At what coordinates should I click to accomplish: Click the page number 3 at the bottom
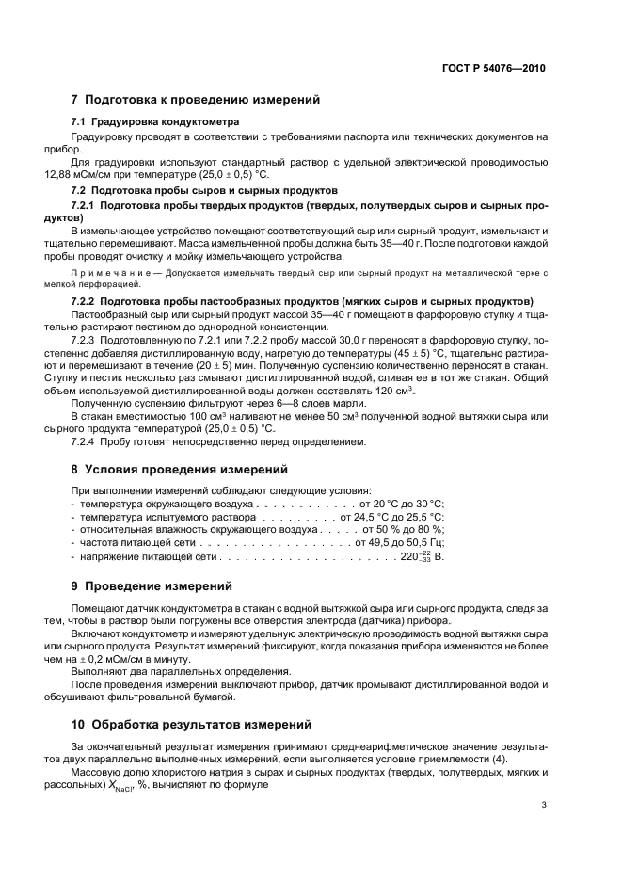[544, 805]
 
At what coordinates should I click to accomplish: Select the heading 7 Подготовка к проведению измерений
[196, 99]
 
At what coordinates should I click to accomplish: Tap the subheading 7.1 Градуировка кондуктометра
[155, 122]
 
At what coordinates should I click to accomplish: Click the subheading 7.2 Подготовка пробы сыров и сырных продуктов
[199, 189]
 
